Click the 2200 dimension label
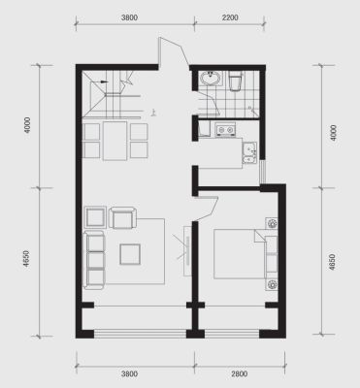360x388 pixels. click(x=230, y=17)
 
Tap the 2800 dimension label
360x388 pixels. click(x=240, y=374)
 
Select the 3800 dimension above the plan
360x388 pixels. click(x=129, y=17)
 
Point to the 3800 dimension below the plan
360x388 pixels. click(x=129, y=374)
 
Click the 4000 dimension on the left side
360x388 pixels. click(x=27, y=125)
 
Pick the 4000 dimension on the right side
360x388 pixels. click(x=334, y=132)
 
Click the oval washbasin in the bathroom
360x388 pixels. click(x=211, y=79)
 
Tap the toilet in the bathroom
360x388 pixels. click(x=236, y=81)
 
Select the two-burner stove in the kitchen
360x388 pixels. click(x=225, y=129)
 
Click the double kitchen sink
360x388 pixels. click(x=250, y=152)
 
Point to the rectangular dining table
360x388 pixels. click(x=115, y=141)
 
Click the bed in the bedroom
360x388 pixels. click(x=245, y=254)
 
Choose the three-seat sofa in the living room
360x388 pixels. click(x=94, y=260)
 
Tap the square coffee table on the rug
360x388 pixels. click(x=130, y=254)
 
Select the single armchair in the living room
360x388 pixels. click(x=122, y=217)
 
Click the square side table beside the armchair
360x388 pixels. click(x=95, y=217)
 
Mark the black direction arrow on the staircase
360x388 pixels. click(x=104, y=81)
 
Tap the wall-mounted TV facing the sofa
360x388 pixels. click(x=187, y=250)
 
